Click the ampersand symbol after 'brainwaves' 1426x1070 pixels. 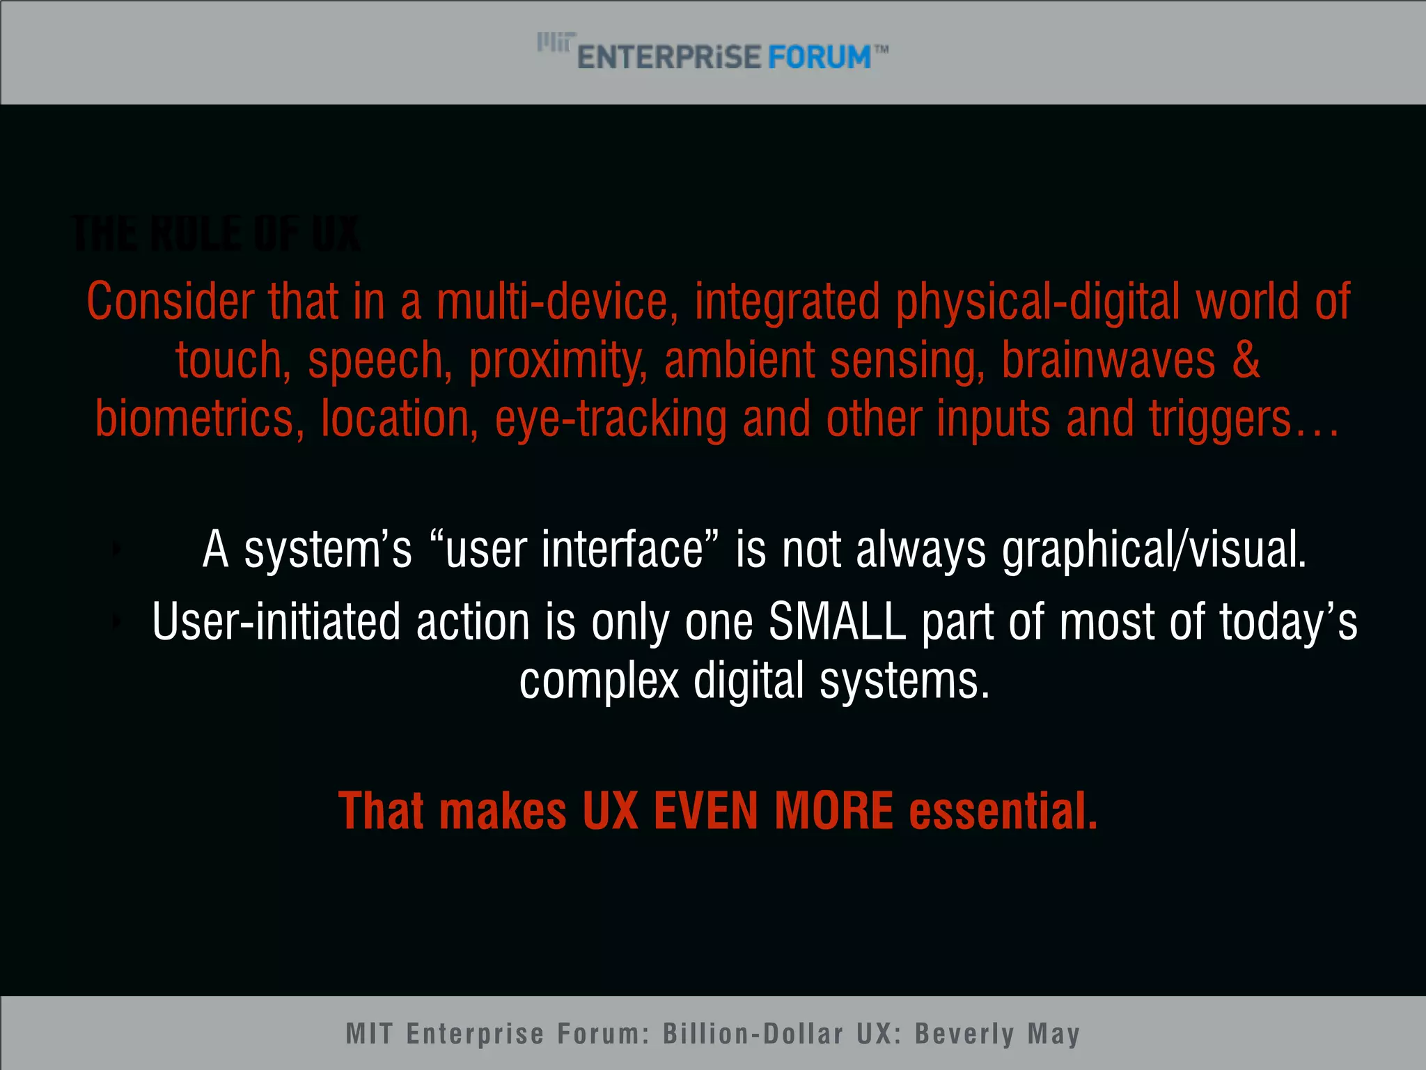coord(1246,360)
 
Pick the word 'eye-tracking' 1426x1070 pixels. coord(611,419)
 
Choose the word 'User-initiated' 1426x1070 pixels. coord(276,621)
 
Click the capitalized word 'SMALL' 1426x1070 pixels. coord(837,621)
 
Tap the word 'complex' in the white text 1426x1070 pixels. coord(599,681)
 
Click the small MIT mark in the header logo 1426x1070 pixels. coord(556,42)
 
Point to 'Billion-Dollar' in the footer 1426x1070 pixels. coord(753,1034)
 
